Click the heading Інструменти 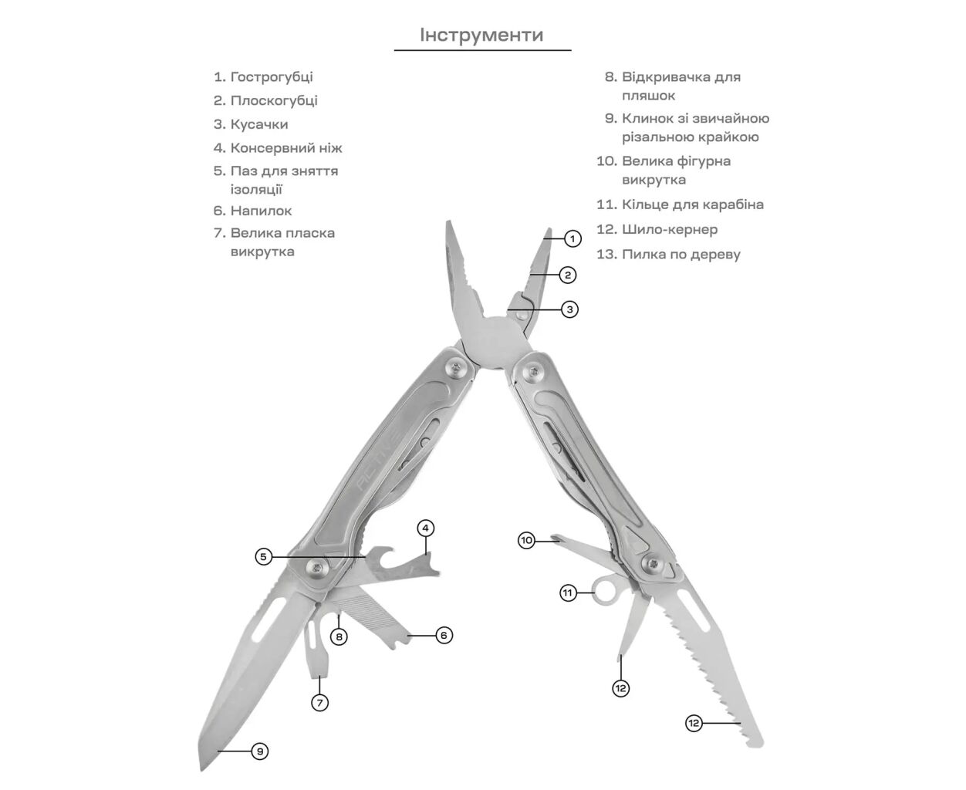pos(481,35)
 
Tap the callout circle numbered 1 pos(572,238)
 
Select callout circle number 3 pos(569,309)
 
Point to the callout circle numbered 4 pos(426,528)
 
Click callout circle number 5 pos(263,556)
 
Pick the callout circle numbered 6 pos(444,636)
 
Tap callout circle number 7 pos(319,703)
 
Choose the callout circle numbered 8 pos(339,637)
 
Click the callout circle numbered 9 pos(260,751)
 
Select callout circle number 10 pos(526,540)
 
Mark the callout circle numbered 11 pos(569,592)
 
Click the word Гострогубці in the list pos(272,77)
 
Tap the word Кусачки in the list pos(259,124)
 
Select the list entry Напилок pos(261,211)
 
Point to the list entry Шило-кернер pos(670,229)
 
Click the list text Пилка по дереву pos(681,254)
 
